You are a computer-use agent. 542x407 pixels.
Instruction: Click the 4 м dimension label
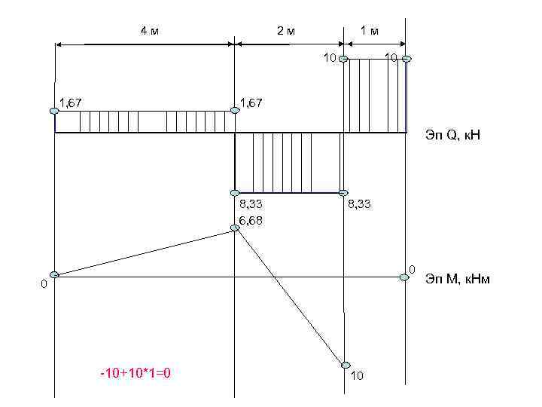point(150,31)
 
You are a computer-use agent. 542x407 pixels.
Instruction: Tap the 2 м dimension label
point(286,31)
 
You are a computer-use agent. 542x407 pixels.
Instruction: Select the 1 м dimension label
point(370,31)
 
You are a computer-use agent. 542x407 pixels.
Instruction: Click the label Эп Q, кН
point(453,135)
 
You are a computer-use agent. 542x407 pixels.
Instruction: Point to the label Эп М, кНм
point(458,279)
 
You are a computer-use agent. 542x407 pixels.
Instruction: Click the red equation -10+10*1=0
point(135,373)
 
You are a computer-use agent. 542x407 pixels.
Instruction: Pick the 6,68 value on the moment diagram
point(251,220)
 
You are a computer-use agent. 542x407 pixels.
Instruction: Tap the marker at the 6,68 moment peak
point(235,228)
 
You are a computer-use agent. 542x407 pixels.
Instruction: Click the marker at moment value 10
point(346,365)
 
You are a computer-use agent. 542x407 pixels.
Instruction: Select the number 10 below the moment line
point(357,375)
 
